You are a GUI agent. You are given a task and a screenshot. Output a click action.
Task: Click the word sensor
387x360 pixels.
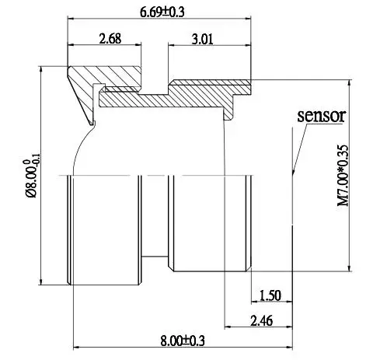tap(321, 116)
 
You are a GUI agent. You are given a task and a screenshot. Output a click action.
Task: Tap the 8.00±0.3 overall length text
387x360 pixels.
tap(182, 341)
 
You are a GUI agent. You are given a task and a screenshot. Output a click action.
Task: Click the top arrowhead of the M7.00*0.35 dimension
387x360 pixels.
tap(354, 82)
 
